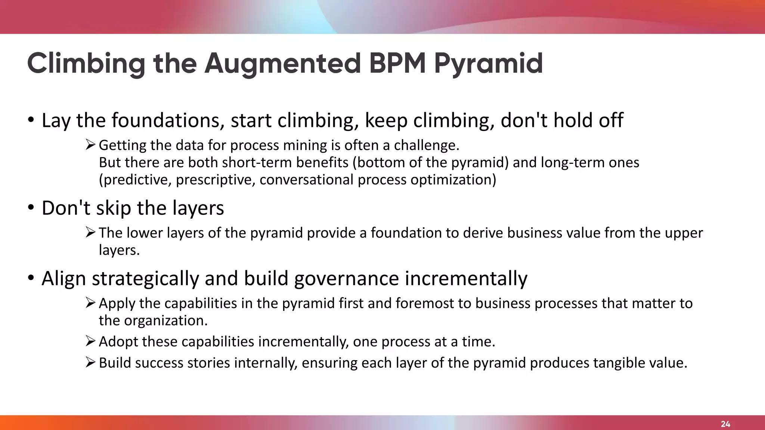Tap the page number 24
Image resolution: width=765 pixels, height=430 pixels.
click(725, 424)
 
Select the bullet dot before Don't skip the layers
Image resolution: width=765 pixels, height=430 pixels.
click(31, 208)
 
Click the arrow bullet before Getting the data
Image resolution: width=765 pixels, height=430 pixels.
click(90, 144)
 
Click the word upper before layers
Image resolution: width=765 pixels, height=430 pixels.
click(682, 233)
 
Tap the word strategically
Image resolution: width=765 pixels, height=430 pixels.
click(145, 279)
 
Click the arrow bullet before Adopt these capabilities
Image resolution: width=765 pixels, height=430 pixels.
click(90, 341)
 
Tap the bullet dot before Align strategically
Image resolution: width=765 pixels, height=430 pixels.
click(31, 278)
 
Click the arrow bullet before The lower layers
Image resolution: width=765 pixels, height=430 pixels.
click(90, 232)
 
